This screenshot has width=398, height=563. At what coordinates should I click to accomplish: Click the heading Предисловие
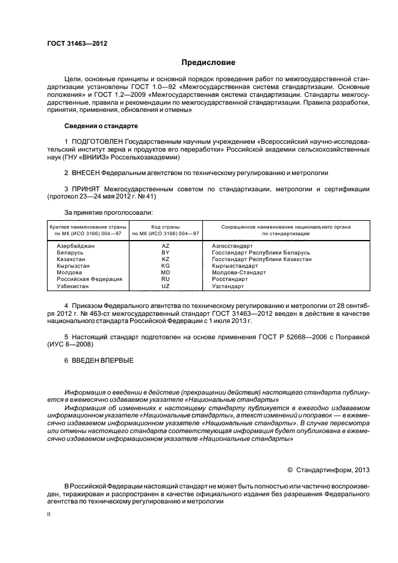pos(209,63)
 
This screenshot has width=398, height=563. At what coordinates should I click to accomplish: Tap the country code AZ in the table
pos(166,246)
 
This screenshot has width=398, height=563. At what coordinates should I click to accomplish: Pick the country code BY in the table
pos(166,253)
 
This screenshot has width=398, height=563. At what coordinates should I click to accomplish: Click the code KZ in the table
pos(166,259)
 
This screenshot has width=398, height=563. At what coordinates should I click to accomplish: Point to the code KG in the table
pos(166,265)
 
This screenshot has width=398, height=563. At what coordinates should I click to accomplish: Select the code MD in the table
pos(166,272)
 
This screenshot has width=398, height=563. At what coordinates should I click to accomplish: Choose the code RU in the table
pos(166,278)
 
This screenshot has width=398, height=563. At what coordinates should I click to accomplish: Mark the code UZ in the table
pos(166,285)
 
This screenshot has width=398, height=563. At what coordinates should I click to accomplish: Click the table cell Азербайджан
pos(76,246)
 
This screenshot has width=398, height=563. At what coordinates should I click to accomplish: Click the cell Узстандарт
pos(229,285)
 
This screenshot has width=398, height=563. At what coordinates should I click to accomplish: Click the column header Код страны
pos(166,226)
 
